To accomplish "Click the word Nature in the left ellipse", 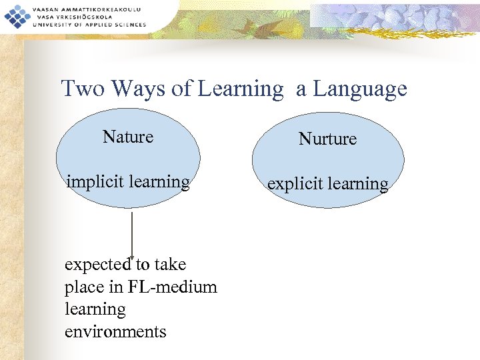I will (128, 137).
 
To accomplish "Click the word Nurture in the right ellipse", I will (327, 139).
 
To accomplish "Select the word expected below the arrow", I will (98, 265).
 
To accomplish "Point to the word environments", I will (115, 331).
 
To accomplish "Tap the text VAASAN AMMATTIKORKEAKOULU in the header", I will (87, 8).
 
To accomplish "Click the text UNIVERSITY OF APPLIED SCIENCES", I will (88, 25).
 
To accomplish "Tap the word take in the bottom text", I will (170, 265).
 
